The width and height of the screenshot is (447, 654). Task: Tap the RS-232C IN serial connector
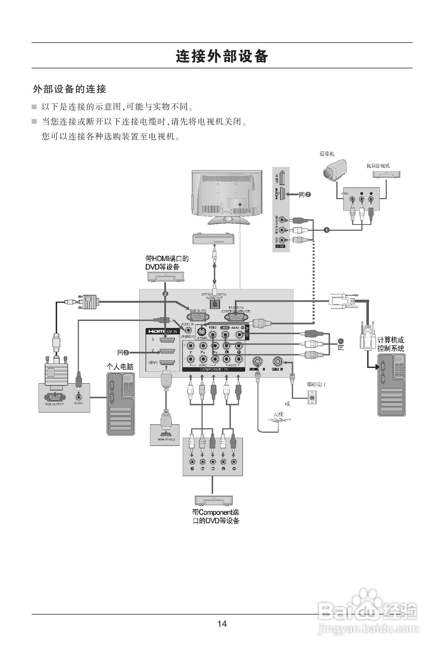click(x=236, y=317)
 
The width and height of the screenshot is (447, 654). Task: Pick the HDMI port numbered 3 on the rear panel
click(x=167, y=340)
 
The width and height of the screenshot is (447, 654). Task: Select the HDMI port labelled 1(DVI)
click(x=167, y=363)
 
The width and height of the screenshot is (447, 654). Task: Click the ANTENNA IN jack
click(x=257, y=361)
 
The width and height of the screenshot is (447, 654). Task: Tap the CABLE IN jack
click(x=277, y=361)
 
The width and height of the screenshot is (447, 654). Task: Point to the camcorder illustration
click(x=334, y=170)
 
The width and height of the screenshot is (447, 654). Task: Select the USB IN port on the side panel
click(x=283, y=178)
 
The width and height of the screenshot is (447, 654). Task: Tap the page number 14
click(x=222, y=623)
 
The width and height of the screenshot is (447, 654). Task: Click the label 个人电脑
click(x=120, y=367)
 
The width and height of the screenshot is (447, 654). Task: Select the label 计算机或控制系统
click(x=390, y=344)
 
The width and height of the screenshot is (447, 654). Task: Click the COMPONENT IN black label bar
click(x=214, y=369)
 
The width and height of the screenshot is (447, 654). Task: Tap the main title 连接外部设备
click(x=222, y=56)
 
